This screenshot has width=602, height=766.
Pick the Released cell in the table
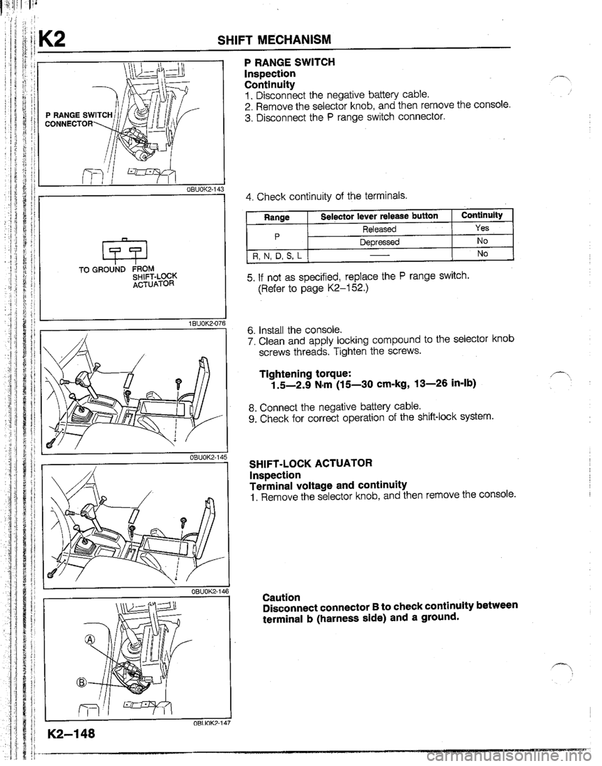click(x=381, y=229)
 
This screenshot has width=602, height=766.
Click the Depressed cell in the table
click(x=381, y=241)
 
